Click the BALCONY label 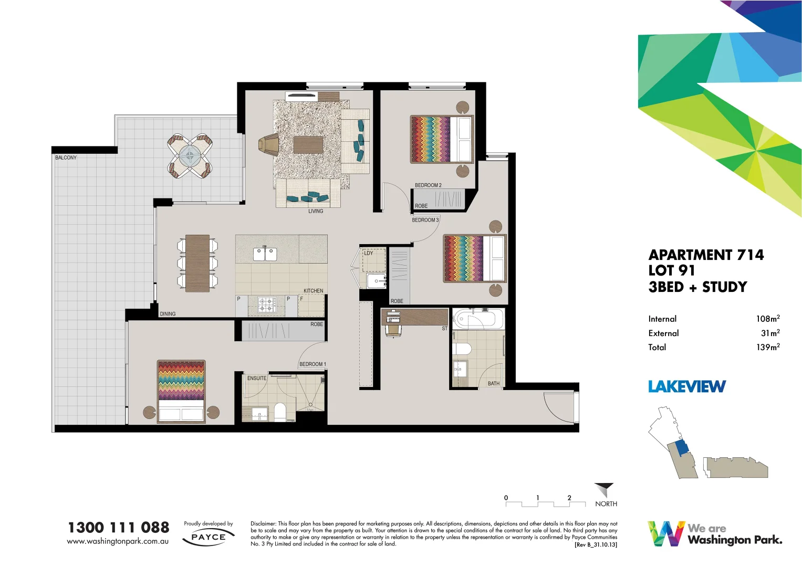pyautogui.click(x=66, y=157)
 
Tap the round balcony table pyautogui.click(x=190, y=155)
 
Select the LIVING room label pyautogui.click(x=316, y=211)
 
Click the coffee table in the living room pyautogui.click(x=308, y=144)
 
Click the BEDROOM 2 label pyautogui.click(x=428, y=185)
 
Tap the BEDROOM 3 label pyautogui.click(x=425, y=220)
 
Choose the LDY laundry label pyautogui.click(x=369, y=253)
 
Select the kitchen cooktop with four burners pyautogui.click(x=266, y=304)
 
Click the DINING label pyautogui.click(x=168, y=314)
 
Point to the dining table pyautogui.click(x=197, y=263)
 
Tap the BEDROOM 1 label pyautogui.click(x=313, y=364)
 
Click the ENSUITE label pyautogui.click(x=257, y=378)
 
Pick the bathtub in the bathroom pyautogui.click(x=478, y=319)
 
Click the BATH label pyautogui.click(x=494, y=384)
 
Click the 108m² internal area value pyautogui.click(x=767, y=319)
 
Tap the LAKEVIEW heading pyautogui.click(x=687, y=387)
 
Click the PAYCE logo pyautogui.click(x=209, y=537)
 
